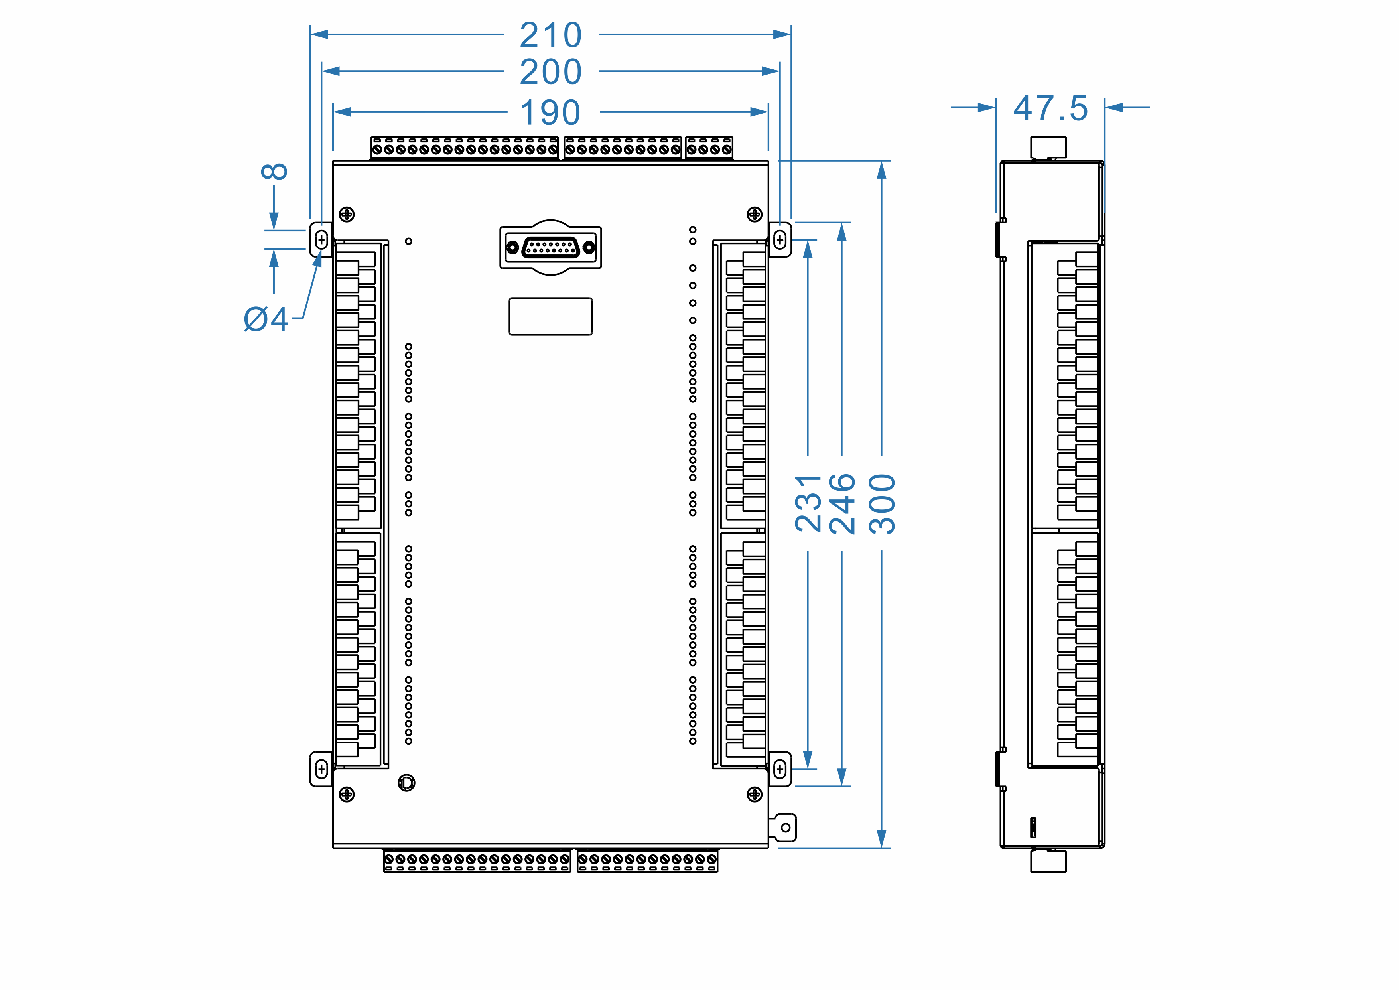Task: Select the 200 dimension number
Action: point(551,72)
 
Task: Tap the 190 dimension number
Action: point(551,113)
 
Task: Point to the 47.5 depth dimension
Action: point(1050,108)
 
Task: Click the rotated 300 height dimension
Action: point(882,504)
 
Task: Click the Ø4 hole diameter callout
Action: point(266,319)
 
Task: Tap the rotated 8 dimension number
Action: point(274,171)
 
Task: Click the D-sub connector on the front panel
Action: point(551,247)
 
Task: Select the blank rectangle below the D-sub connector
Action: point(551,316)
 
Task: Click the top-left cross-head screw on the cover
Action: point(347,214)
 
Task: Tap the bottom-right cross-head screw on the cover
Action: point(755,794)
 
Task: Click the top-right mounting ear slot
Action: point(780,240)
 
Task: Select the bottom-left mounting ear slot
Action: point(321,769)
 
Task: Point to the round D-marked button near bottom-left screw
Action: point(406,783)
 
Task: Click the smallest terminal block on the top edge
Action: point(709,148)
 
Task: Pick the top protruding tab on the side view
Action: point(1048,148)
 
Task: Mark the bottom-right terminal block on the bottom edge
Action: point(647,860)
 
